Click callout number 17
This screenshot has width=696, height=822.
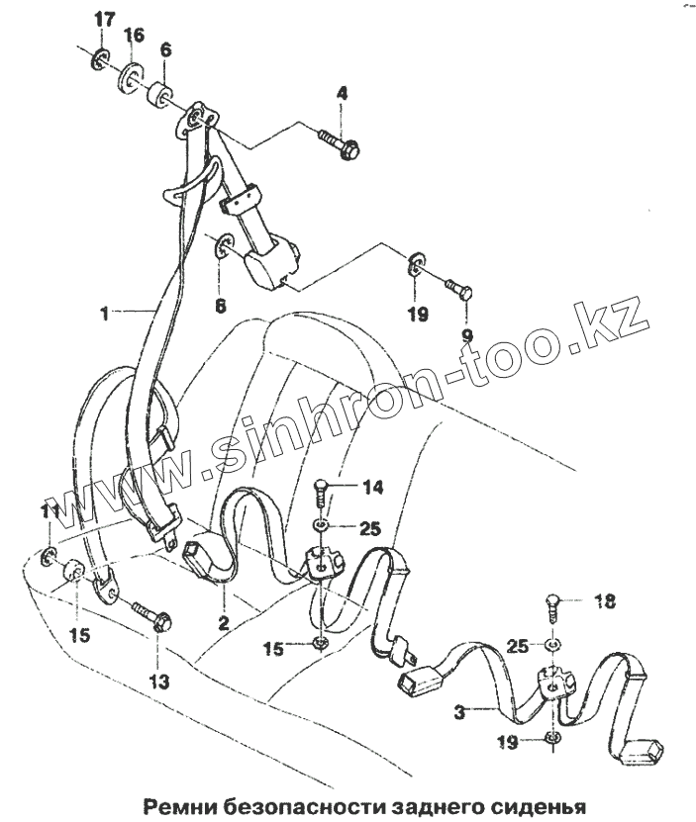pyautogui.click(x=104, y=21)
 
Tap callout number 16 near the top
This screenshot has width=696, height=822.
pyautogui.click(x=134, y=36)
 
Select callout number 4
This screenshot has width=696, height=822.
pyautogui.click(x=343, y=94)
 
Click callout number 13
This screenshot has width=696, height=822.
pyautogui.click(x=159, y=682)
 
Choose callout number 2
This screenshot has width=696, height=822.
pyautogui.click(x=224, y=623)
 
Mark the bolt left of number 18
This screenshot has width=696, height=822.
pyautogui.click(x=554, y=604)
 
